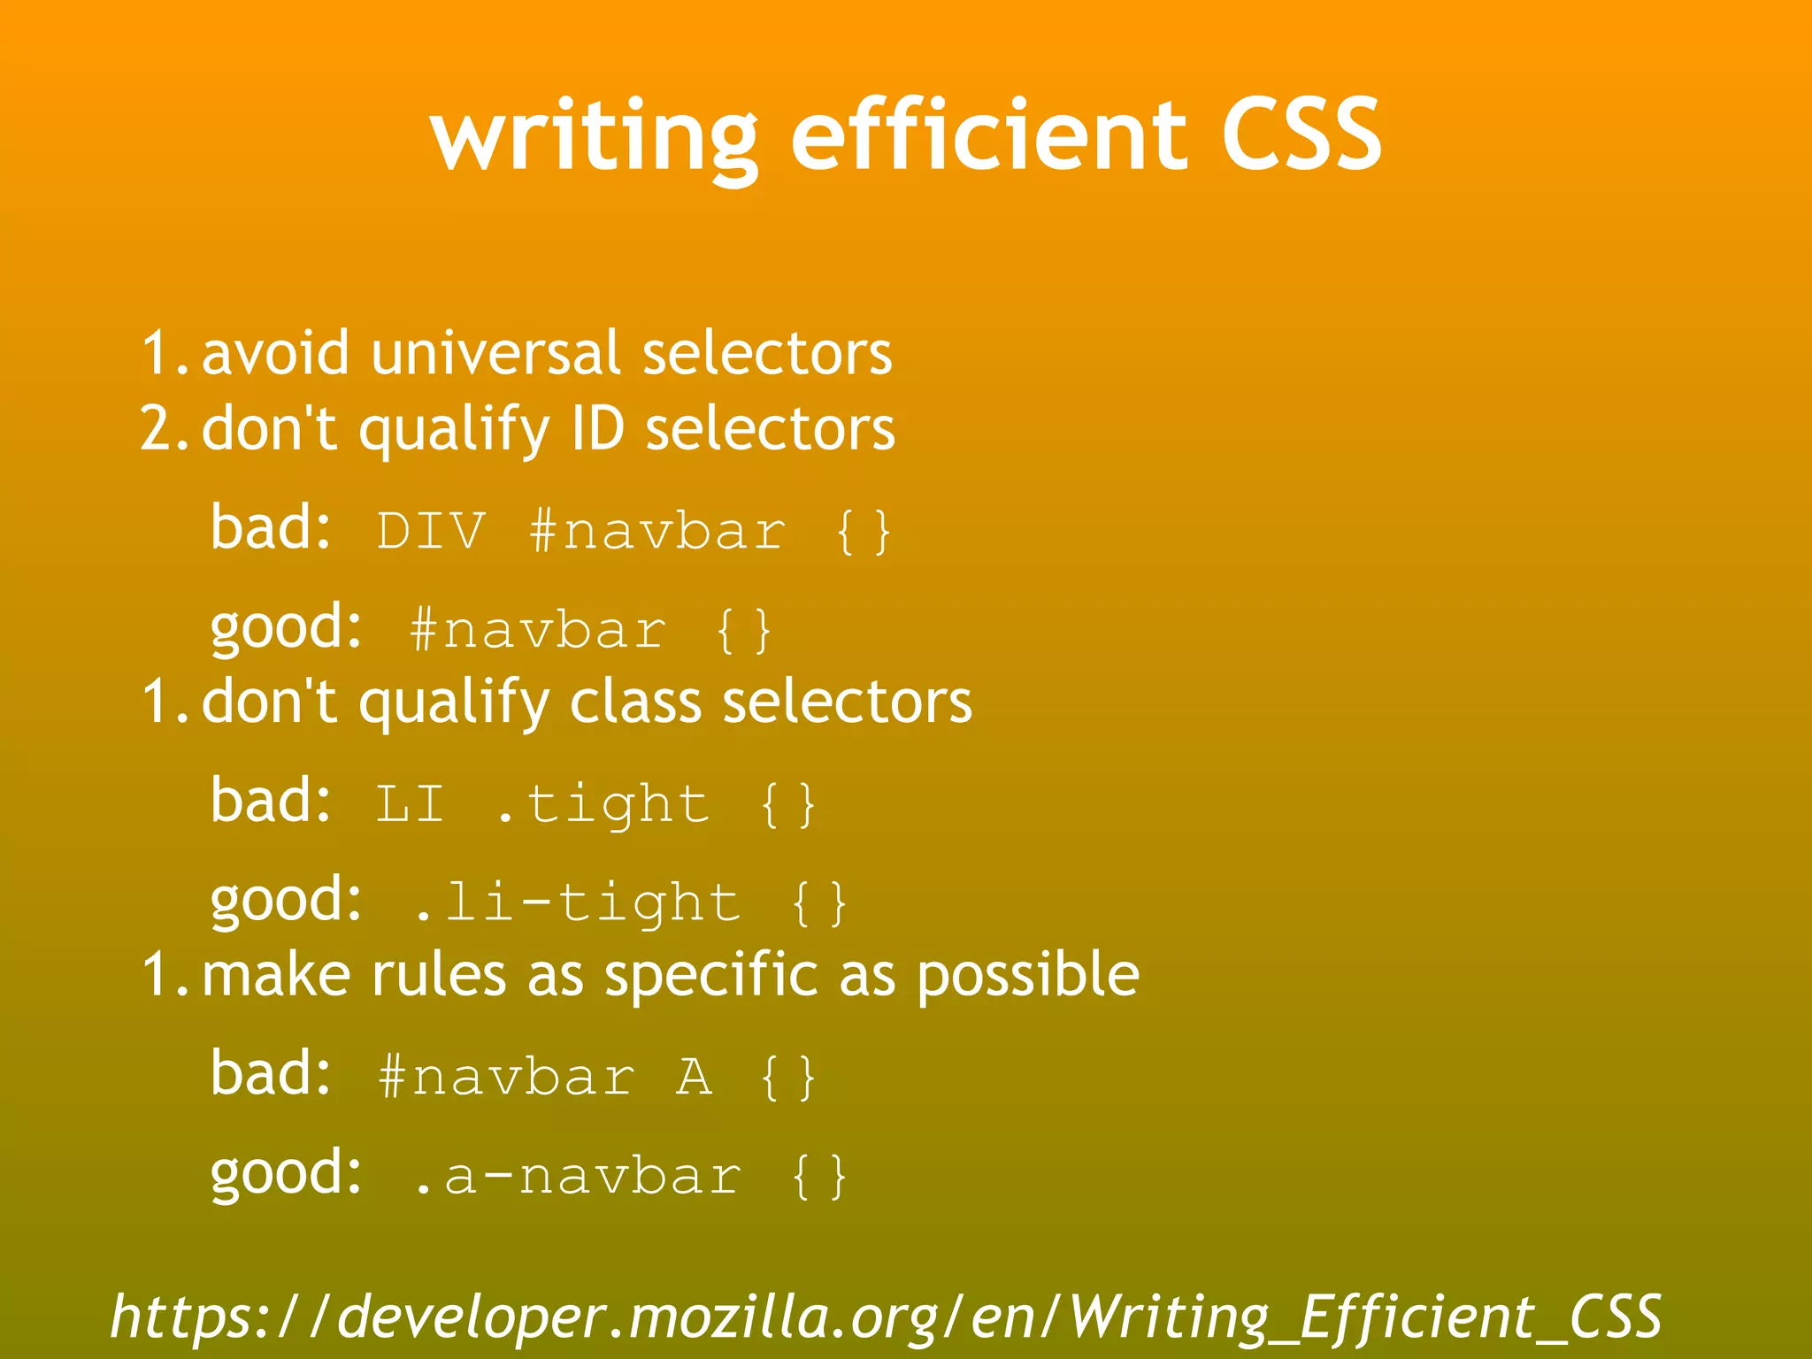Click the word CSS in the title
[1301, 135]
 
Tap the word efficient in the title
[988, 135]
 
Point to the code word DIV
[432, 532]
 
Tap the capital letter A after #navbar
[695, 1078]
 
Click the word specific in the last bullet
[710, 975]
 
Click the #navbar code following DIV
[657, 532]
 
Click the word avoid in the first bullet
[276, 353]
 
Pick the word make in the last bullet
[276, 975]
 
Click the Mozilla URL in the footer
[886, 1317]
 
